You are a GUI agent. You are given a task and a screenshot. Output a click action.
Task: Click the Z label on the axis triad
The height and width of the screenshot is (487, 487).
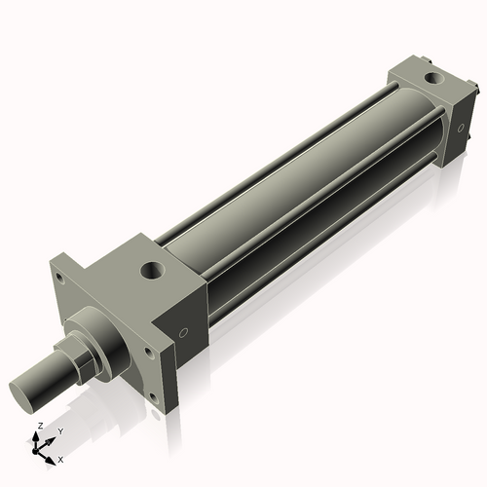coord(39,427)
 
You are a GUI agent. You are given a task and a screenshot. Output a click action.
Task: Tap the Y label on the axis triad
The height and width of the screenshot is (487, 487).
coord(59,431)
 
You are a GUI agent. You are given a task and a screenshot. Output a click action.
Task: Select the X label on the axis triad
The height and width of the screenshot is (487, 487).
coord(60,458)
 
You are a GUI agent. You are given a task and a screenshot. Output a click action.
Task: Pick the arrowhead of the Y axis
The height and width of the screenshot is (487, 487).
coord(52,439)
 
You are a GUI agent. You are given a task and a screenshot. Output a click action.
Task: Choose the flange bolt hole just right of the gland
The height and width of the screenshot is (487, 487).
coord(148,352)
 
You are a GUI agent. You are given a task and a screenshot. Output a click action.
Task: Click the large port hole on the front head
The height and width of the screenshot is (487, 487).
coord(151,268)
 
